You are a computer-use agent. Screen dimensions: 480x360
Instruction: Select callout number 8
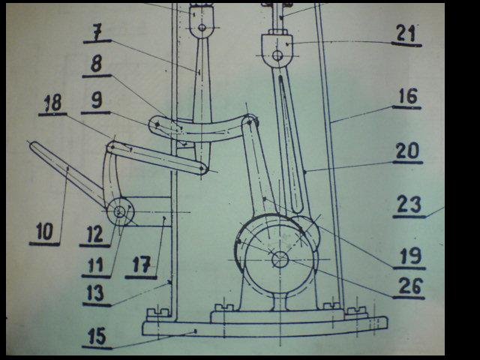(97, 64)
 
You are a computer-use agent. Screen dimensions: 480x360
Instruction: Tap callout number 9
(97, 100)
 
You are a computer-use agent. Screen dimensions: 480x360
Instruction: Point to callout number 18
(53, 103)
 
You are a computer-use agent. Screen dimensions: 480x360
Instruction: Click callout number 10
(45, 231)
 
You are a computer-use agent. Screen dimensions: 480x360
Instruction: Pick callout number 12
(95, 234)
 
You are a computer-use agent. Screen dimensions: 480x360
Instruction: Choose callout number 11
(96, 265)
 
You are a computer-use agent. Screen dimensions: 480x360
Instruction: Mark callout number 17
(142, 264)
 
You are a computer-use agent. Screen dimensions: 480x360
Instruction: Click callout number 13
(95, 292)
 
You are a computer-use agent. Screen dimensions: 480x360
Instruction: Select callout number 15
(97, 336)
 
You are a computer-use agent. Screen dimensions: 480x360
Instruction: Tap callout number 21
(406, 33)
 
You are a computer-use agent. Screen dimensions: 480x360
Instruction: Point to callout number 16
(408, 96)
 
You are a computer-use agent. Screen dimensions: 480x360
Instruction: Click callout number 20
(407, 151)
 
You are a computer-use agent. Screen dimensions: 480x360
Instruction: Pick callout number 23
(409, 204)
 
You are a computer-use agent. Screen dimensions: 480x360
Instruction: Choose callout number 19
(410, 256)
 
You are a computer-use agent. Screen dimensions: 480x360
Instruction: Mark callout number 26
(410, 286)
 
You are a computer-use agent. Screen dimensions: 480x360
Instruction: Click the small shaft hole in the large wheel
(280, 259)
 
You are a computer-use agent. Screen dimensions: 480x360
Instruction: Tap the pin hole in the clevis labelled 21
(277, 55)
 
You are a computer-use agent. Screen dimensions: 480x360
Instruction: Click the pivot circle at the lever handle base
(119, 211)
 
